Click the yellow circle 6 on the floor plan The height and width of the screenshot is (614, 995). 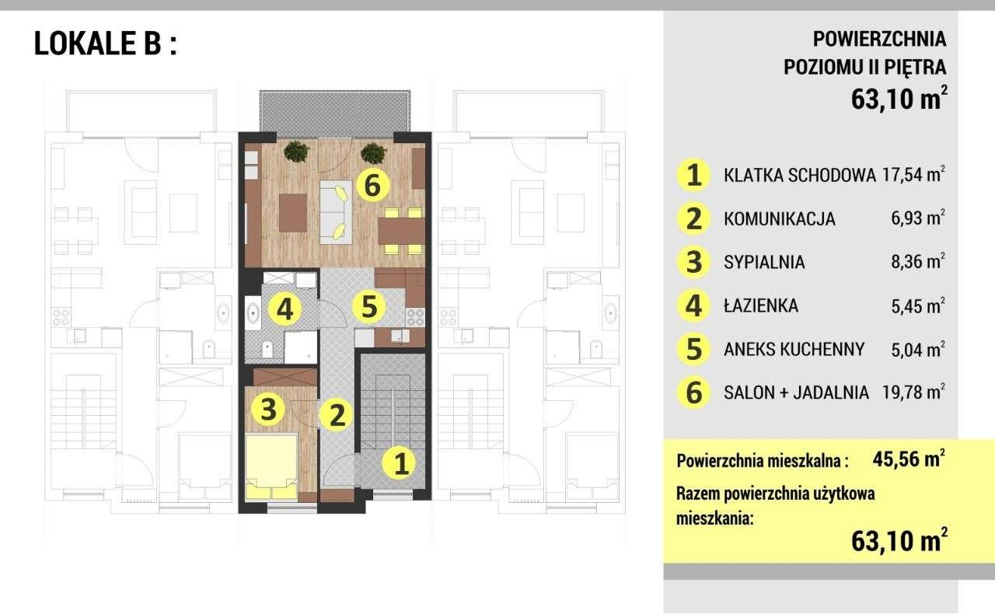[x=372, y=185]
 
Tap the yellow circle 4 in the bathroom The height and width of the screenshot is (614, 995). [x=285, y=310]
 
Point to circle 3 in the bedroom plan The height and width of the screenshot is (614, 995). [x=268, y=409]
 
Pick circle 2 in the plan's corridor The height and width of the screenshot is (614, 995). [x=337, y=414]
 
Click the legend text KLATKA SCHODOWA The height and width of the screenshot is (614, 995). [x=799, y=175]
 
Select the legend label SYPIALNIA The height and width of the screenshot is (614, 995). [x=764, y=262]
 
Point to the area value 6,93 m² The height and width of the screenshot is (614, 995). [x=918, y=218]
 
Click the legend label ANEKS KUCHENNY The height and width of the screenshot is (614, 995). [x=794, y=349]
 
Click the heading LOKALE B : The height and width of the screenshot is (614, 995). [x=105, y=44]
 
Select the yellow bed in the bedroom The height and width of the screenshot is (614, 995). [x=271, y=466]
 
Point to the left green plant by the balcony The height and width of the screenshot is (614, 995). [x=295, y=152]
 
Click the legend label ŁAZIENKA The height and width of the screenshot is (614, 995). [x=760, y=305]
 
